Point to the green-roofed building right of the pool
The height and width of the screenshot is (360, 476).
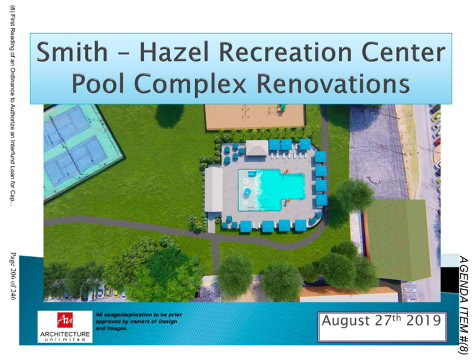(397, 237)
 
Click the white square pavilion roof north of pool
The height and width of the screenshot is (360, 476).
(256, 147)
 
